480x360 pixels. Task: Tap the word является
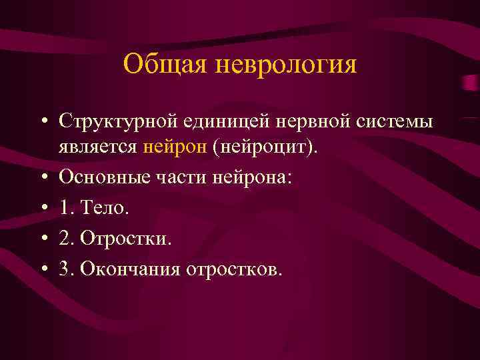pyautogui.click(x=98, y=148)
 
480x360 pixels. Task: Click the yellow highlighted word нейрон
pyautogui.click(x=175, y=148)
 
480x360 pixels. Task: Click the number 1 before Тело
pyautogui.click(x=65, y=208)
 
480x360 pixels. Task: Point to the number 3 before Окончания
pyautogui.click(x=65, y=269)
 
